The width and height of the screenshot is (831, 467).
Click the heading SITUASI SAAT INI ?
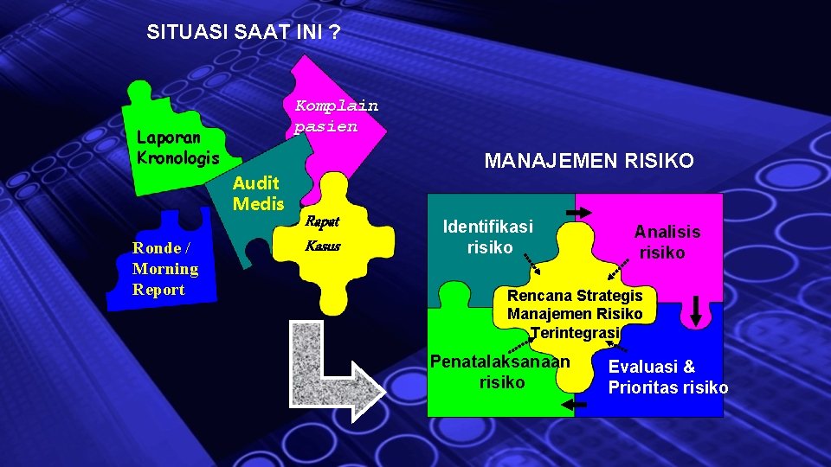[243, 33]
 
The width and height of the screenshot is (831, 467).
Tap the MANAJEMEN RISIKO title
[589, 161]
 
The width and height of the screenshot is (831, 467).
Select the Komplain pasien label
[336, 116]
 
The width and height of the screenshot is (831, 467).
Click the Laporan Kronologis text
[177, 148]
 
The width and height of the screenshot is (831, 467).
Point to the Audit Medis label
[258, 193]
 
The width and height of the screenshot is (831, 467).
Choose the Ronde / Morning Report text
[165, 269]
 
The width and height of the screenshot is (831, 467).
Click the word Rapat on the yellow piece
[321, 222]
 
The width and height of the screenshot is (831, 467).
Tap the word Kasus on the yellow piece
[323, 246]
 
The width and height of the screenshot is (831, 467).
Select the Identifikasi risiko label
[487, 237]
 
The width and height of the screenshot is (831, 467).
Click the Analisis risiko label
[667, 242]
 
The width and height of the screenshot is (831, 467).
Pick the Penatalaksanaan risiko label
[501, 372]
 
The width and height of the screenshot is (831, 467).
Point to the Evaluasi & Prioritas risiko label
[667, 377]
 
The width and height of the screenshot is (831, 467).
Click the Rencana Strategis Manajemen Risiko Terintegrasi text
[575, 314]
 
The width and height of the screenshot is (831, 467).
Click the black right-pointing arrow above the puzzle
[575, 212]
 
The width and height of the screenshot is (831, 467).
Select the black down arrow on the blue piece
[696, 312]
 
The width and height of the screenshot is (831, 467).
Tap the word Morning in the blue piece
[165, 269]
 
